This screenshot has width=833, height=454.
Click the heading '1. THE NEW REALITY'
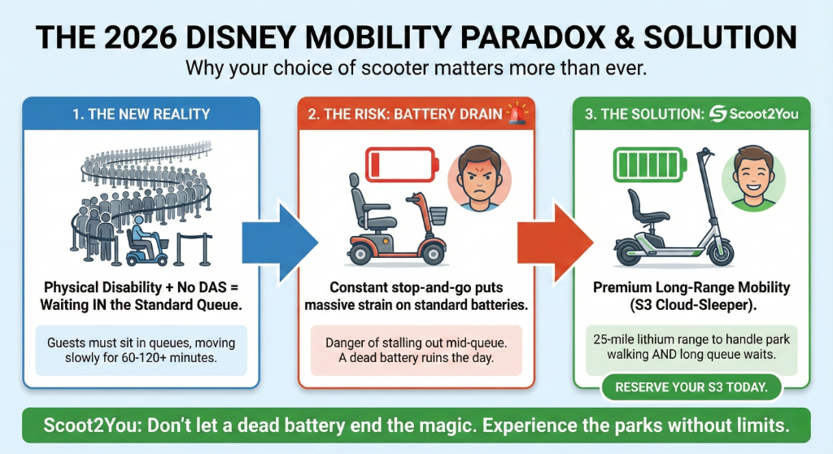pos(142,114)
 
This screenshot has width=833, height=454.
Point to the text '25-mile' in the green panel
pos(616,338)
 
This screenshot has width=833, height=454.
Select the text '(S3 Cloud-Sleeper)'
pos(691,304)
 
